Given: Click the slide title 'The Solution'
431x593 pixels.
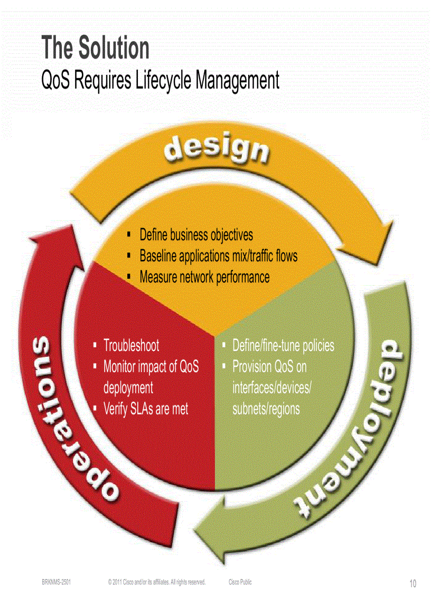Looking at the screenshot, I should (x=96, y=48).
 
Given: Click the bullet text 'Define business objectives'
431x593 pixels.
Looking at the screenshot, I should (x=196, y=234).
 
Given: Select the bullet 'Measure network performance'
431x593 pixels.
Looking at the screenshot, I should (x=204, y=277).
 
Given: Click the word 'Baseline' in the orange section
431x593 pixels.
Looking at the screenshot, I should (x=157, y=256).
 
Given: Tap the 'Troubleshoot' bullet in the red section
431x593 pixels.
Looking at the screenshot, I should (x=131, y=346).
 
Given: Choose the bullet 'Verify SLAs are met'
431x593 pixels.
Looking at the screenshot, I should (x=146, y=409).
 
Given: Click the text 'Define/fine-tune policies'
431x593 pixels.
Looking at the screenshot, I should (x=283, y=346).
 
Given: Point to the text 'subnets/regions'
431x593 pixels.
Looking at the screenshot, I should (x=266, y=409).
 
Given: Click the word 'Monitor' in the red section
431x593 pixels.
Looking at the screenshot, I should (x=119, y=366).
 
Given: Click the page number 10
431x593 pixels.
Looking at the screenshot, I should (x=413, y=583).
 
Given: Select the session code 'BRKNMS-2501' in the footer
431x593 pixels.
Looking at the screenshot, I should (x=57, y=582).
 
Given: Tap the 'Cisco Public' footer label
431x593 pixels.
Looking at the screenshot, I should (x=240, y=582).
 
